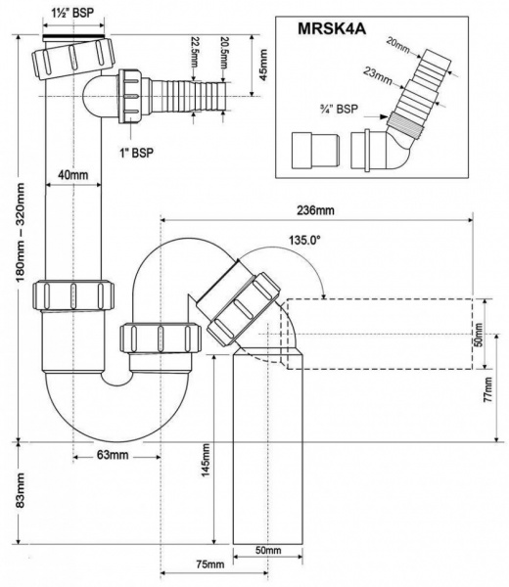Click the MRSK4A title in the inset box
point(332,28)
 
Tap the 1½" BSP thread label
point(72,13)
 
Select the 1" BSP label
point(136,153)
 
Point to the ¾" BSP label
point(339,109)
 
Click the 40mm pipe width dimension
point(73,175)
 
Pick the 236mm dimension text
point(315,210)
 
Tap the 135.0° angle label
point(304,240)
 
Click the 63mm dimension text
point(113,455)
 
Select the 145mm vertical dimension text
point(206,460)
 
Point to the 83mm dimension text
point(20,490)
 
